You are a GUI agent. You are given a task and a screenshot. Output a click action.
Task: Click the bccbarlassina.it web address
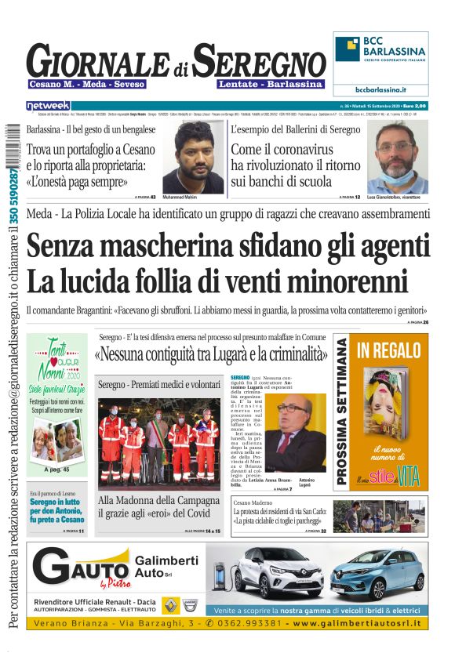[381, 90]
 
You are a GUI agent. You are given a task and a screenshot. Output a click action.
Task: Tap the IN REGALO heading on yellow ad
[389, 350]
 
